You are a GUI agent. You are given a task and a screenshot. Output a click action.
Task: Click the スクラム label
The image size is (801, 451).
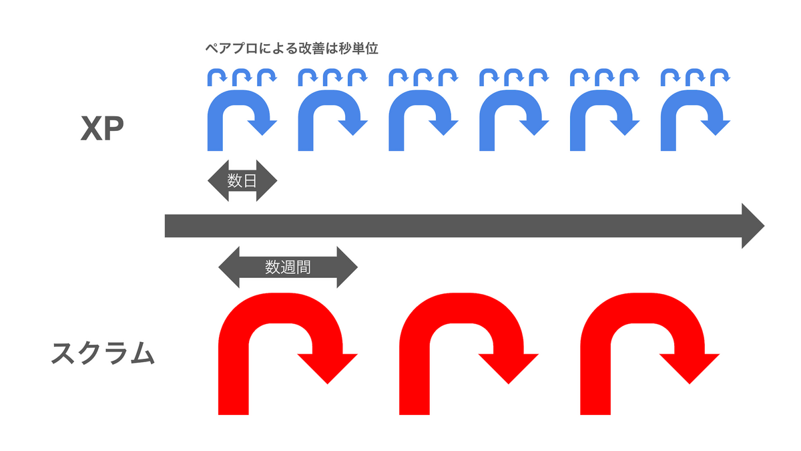103,353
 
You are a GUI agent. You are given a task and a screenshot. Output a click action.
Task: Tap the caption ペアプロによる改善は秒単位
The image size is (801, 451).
292,49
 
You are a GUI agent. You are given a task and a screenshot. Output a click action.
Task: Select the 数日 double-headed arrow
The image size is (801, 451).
242,180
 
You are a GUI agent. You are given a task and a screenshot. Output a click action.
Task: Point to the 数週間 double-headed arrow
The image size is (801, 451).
288,267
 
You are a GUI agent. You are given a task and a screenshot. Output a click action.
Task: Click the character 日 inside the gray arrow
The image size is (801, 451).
249,180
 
